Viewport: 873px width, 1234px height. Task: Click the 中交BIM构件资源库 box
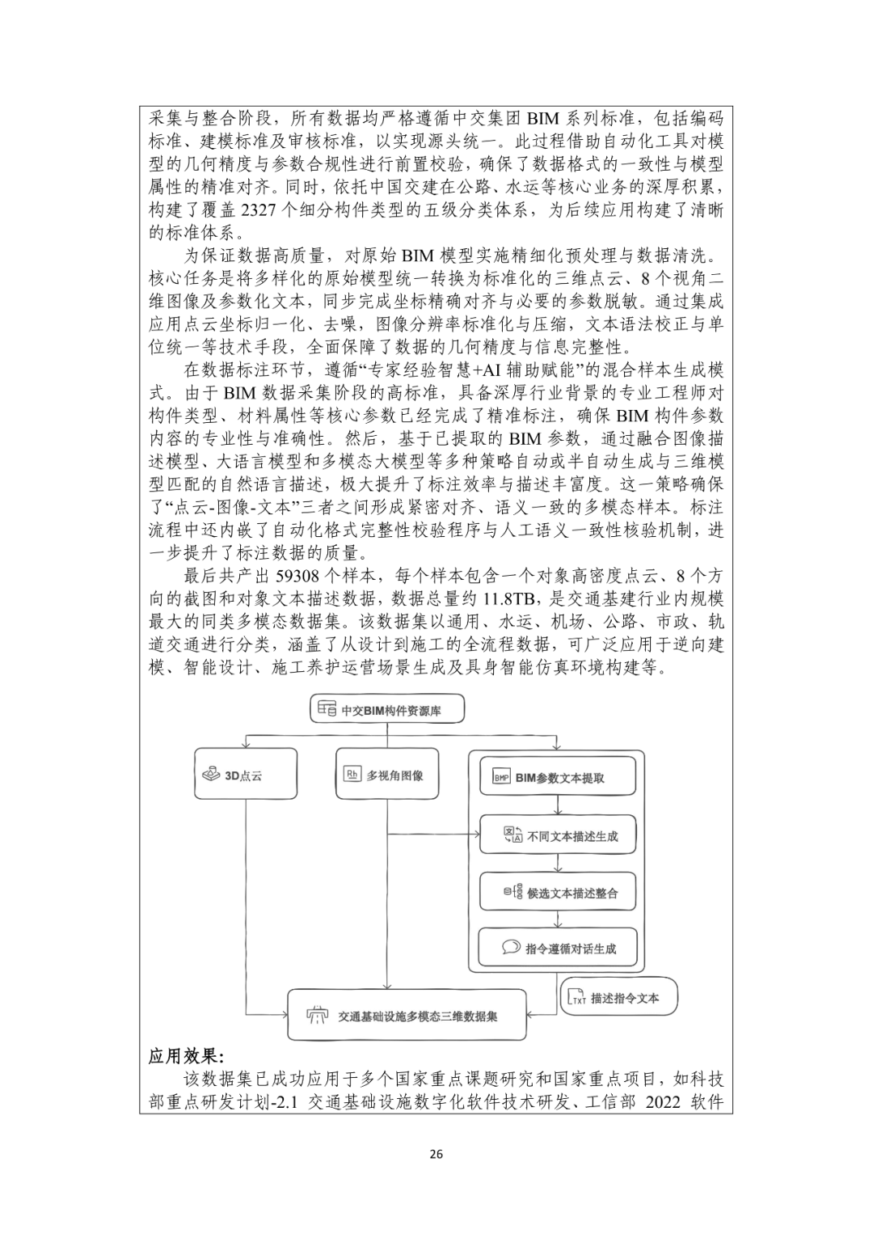click(387, 710)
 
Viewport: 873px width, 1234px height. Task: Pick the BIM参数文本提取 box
click(557, 777)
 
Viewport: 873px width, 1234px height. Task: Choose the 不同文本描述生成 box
click(557, 835)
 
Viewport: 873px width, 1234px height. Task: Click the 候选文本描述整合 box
click(557, 894)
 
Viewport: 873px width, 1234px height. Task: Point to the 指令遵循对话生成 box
click(557, 948)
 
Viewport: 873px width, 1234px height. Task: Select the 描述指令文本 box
click(619, 998)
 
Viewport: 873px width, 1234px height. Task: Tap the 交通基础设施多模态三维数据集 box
click(407, 1015)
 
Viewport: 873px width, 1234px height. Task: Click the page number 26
click(436, 1154)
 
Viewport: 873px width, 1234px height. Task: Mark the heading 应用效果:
click(187, 1057)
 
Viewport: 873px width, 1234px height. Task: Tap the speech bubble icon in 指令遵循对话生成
click(509, 948)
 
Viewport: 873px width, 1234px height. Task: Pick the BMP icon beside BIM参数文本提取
click(501, 778)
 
